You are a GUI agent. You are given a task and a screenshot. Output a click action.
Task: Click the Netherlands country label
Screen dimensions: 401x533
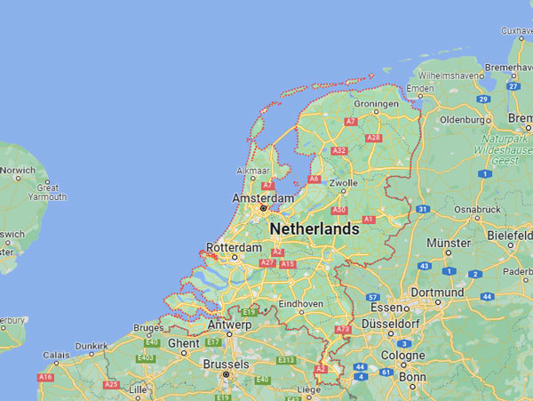(314, 229)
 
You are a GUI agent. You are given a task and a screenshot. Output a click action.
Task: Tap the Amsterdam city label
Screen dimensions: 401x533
(262, 197)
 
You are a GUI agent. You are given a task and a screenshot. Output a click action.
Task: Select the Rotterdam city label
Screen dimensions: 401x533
(234, 247)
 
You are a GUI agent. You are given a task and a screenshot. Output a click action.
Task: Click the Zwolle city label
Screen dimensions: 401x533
(343, 184)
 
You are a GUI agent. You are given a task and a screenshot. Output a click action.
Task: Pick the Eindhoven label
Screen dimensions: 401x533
(300, 304)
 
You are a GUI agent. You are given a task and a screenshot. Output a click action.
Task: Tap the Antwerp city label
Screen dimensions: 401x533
(229, 325)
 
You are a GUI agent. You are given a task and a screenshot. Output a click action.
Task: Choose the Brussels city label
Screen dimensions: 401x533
(226, 364)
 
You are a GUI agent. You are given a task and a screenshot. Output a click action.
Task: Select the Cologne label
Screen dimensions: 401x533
(404, 356)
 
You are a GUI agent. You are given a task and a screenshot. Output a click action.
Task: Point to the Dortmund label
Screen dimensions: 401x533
(437, 293)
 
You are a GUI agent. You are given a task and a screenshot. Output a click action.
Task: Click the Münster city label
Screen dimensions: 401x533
(448, 243)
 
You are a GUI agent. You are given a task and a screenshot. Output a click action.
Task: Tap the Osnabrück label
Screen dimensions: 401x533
(477, 210)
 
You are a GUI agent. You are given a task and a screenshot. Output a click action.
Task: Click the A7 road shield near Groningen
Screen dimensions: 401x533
(351, 122)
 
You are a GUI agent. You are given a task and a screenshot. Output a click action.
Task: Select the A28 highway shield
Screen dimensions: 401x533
(374, 138)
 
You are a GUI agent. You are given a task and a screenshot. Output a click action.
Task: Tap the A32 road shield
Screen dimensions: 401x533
(338, 151)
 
